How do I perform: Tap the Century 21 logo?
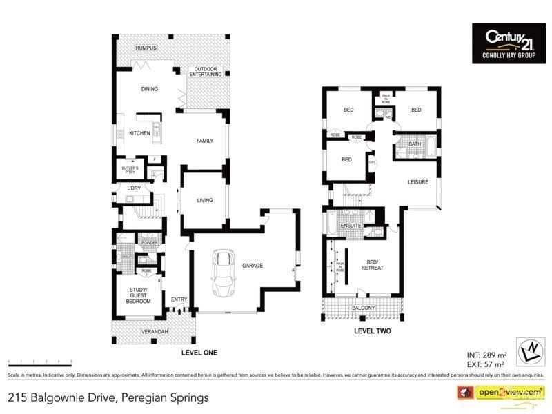click(x=508, y=43)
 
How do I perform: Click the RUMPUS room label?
click(x=146, y=48)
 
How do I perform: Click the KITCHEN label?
click(x=139, y=133)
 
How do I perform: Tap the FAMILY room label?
click(x=205, y=141)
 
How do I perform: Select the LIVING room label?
click(x=205, y=201)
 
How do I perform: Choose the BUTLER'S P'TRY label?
click(x=130, y=169)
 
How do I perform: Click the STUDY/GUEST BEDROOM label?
click(x=140, y=295)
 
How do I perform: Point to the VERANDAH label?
click(x=155, y=332)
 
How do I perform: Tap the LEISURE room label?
click(x=418, y=182)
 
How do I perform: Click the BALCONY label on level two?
click(x=363, y=308)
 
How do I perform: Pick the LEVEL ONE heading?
click(x=199, y=353)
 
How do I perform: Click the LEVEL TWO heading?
click(x=373, y=331)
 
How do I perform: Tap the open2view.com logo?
click(x=509, y=392)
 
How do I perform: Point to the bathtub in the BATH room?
click(x=431, y=147)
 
